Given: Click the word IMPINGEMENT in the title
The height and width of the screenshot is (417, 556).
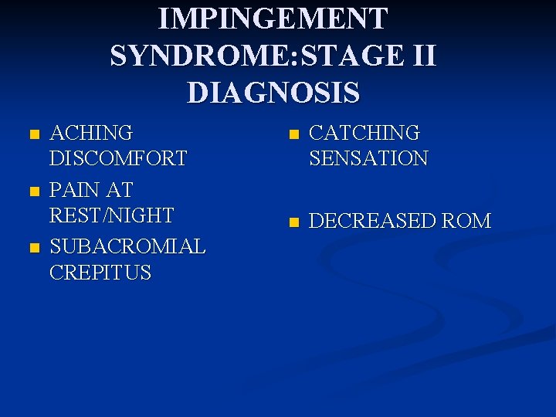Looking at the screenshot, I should pos(273,19).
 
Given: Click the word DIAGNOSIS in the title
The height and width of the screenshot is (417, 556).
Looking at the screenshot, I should pos(273,93).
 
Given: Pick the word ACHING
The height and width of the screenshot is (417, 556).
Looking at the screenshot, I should pos(91,133).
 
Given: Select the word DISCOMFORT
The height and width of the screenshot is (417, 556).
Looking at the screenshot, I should pos(118,158).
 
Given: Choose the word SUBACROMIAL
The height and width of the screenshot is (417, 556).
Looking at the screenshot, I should pos(127,247).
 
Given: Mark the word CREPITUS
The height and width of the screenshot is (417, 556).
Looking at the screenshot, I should pos(100,273).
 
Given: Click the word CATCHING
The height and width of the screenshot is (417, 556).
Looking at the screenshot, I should pos(364,133).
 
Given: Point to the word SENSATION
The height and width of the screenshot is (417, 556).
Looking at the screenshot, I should pos(368,158).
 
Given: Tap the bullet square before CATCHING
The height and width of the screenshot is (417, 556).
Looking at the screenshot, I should pos(292,134).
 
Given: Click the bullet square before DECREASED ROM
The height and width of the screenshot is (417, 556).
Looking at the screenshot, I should pos(292,223).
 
